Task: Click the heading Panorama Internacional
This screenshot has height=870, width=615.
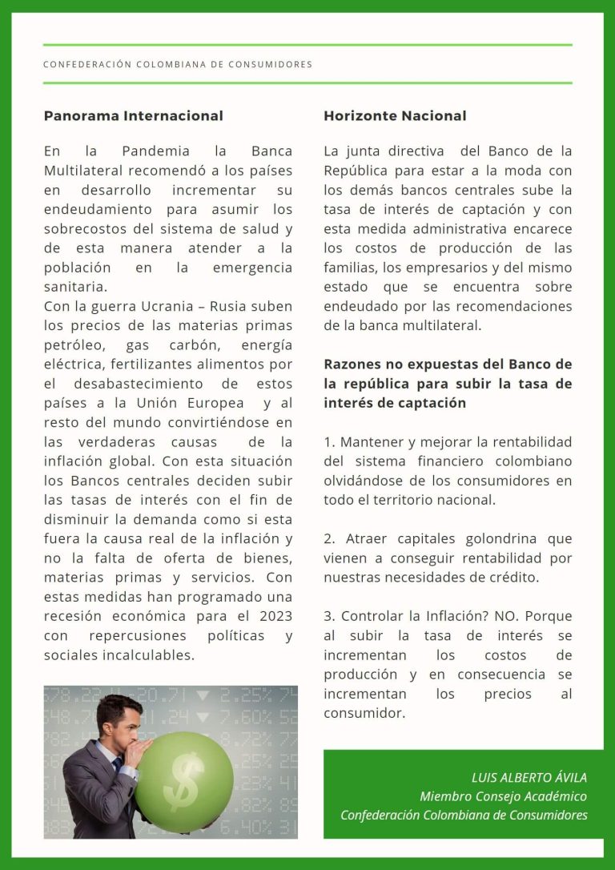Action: (x=133, y=116)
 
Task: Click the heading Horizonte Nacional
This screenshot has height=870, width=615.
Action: (x=395, y=116)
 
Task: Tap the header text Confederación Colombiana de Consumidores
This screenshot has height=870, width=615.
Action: (x=178, y=64)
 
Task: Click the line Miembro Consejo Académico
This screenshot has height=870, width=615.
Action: (x=503, y=795)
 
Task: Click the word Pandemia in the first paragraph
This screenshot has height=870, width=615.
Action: (x=156, y=151)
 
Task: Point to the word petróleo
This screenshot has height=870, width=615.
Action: (x=74, y=345)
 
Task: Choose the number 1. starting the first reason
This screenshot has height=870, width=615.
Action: (x=329, y=442)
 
